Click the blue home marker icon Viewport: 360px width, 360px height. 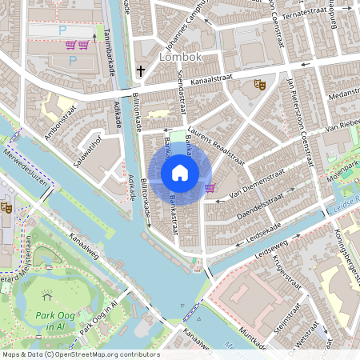click(x=180, y=172)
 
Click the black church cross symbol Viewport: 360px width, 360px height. click(x=141, y=71)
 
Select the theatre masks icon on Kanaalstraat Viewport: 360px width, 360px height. click(x=258, y=83)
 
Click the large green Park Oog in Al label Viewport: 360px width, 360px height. click(x=54, y=320)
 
